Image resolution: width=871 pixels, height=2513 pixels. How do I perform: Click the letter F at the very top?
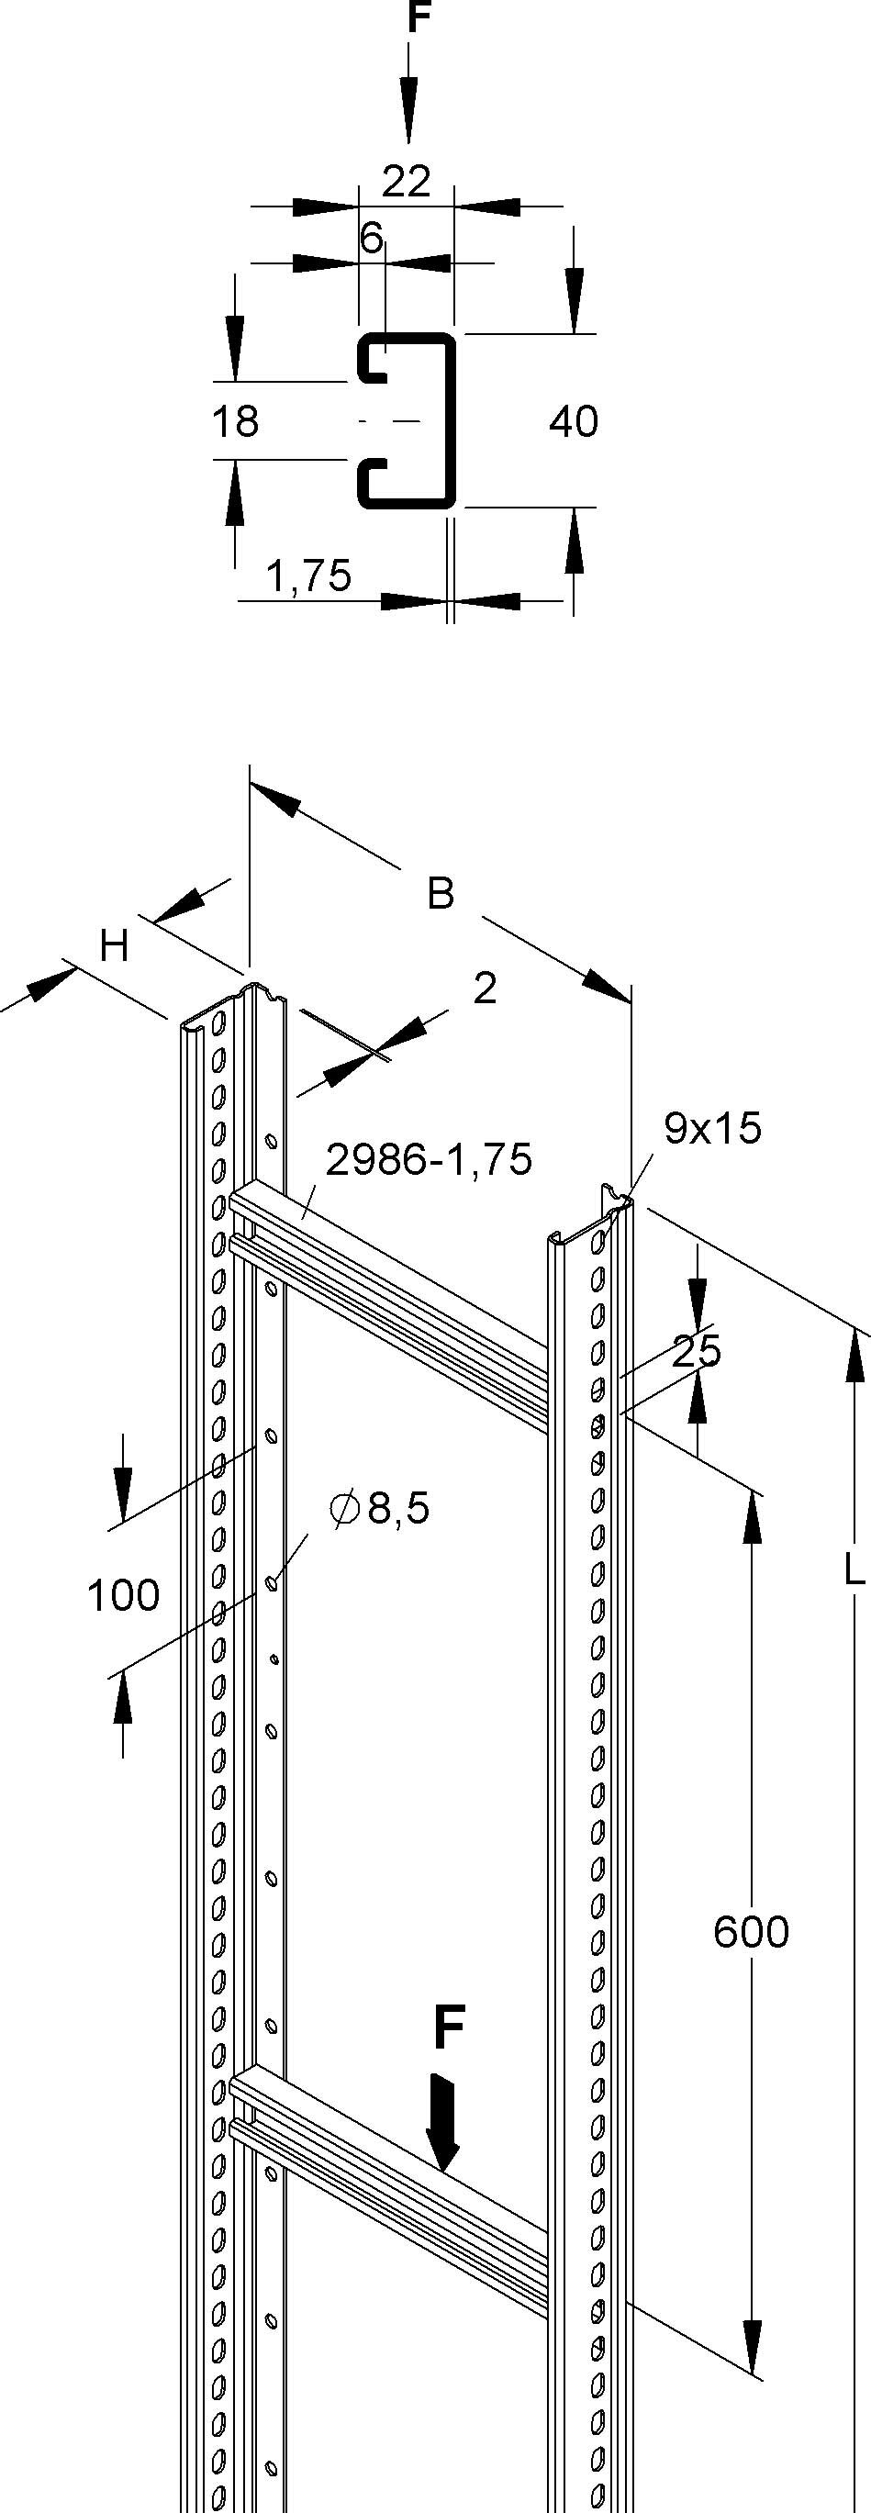(x=418, y=17)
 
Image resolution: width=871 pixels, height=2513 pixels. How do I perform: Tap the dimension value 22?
(x=406, y=183)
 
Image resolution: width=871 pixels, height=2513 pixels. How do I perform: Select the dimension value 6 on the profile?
(x=371, y=238)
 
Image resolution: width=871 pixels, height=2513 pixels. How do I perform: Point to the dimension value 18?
(x=235, y=421)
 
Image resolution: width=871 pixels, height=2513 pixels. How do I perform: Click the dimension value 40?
(x=574, y=421)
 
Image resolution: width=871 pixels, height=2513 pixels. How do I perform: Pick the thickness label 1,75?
(x=308, y=576)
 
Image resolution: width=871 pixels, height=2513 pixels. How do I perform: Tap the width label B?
(x=441, y=893)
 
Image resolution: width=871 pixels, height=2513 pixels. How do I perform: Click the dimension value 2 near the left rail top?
(x=485, y=989)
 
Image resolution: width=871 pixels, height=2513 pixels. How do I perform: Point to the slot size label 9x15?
(x=712, y=1128)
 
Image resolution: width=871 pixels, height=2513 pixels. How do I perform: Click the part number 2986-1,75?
(x=430, y=1160)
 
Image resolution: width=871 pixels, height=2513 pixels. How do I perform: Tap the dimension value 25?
(x=697, y=1351)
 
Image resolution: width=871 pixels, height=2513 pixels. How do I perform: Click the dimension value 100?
(x=123, y=1596)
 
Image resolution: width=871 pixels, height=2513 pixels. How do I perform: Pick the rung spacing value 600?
(x=750, y=1932)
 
